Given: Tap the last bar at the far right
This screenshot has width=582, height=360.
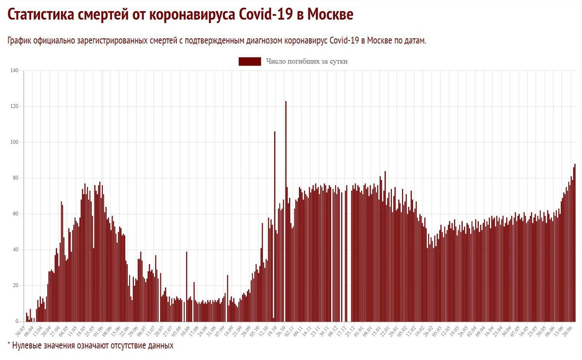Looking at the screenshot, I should [x=575, y=243].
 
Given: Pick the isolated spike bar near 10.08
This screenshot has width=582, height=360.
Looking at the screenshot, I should [x=187, y=286].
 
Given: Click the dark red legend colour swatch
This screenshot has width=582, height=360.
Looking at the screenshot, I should [x=250, y=61].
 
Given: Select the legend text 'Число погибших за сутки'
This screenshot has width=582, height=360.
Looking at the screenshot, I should [x=307, y=61].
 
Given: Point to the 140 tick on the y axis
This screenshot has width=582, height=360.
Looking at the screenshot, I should [x=14, y=71].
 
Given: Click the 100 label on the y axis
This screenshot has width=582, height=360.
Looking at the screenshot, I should [x=14, y=142].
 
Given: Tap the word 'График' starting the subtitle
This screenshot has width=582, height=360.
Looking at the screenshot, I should [x=20, y=41].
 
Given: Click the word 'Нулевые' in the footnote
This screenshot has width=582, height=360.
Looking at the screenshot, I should [x=28, y=345].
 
